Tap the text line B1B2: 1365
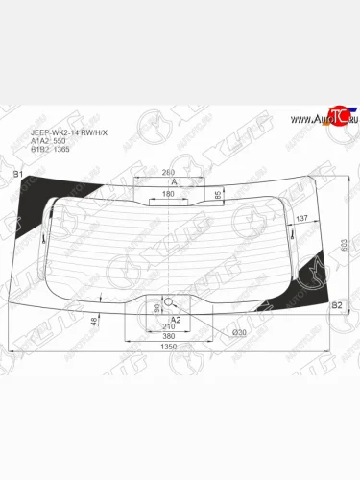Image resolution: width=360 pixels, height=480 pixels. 50,150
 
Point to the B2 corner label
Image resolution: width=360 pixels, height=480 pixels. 337,305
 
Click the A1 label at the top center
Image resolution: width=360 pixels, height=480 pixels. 176,181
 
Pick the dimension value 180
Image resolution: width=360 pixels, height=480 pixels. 168,195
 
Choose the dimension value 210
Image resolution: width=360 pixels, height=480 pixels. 169,327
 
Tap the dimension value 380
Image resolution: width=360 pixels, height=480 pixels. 169,338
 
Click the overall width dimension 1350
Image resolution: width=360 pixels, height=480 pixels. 169,349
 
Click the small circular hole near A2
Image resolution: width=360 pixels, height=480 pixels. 170,301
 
